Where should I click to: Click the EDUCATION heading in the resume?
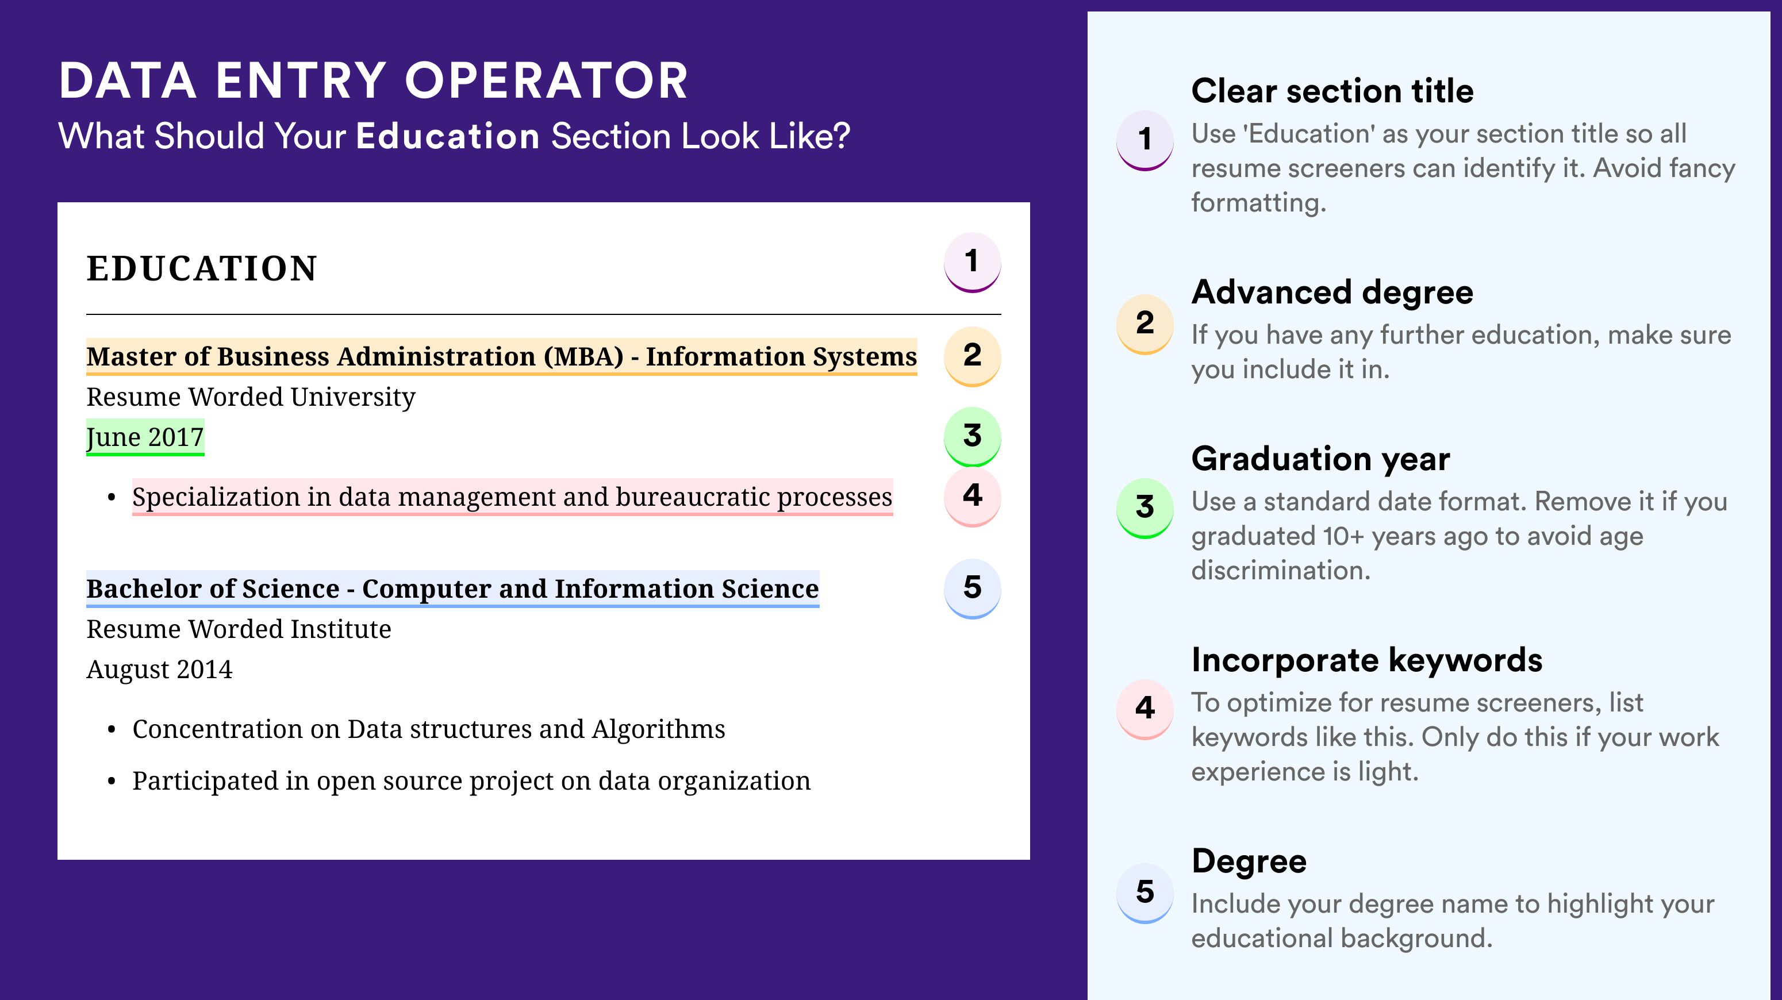pyautogui.click(x=201, y=268)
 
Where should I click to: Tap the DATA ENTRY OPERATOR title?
pyautogui.click(x=374, y=80)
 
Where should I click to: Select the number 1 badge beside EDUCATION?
pyautogui.click(x=972, y=262)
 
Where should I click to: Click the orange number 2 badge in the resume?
pyautogui.click(x=972, y=356)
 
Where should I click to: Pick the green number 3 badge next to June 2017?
pyautogui.click(x=972, y=436)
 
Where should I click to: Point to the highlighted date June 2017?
pyautogui.click(x=145, y=437)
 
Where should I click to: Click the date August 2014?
pyautogui.click(x=159, y=670)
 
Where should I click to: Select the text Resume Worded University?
pyautogui.click(x=251, y=397)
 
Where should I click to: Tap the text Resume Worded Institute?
pyautogui.click(x=239, y=629)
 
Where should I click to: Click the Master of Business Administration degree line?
pyautogui.click(x=501, y=356)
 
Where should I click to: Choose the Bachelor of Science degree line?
pyautogui.click(x=452, y=589)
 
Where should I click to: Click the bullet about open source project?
pyautogui.click(x=471, y=781)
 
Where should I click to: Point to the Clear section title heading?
pyautogui.click(x=1332, y=91)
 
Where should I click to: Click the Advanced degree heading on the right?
pyautogui.click(x=1332, y=293)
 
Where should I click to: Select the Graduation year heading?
pyautogui.click(x=1320, y=459)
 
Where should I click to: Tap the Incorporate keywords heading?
pyautogui.click(x=1367, y=660)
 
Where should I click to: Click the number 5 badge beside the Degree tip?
pyautogui.click(x=1145, y=893)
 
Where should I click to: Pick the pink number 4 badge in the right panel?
pyautogui.click(x=1145, y=709)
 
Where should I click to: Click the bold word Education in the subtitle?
pyautogui.click(x=448, y=136)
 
